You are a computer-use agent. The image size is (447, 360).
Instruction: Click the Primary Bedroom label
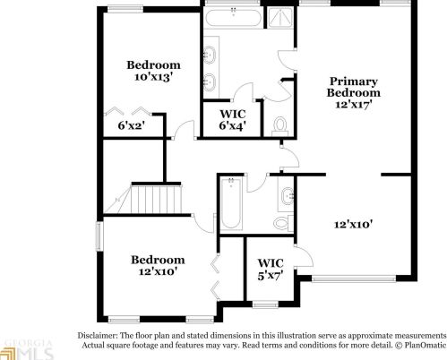tap(354, 87)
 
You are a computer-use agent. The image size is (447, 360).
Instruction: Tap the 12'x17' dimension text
tap(354, 105)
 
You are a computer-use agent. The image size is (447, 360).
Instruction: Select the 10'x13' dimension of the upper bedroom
tap(153, 77)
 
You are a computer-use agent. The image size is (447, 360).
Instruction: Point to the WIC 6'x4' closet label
tap(233, 120)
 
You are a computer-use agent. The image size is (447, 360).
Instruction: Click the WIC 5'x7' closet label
tap(271, 270)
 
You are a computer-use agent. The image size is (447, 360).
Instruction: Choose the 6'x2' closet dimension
tap(132, 125)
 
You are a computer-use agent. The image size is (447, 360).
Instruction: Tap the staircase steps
tap(156, 200)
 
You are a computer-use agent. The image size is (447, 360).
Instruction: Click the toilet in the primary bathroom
tap(280, 126)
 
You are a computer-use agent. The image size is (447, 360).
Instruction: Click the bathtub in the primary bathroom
tap(234, 19)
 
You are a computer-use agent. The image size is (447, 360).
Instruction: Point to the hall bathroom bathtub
tap(231, 203)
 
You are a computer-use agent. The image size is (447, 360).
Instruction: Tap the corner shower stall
tap(279, 18)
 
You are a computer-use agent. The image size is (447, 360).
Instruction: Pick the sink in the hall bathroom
tap(287, 196)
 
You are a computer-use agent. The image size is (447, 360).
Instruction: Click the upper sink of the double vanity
tap(210, 55)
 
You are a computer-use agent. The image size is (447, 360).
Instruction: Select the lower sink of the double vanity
tap(210, 81)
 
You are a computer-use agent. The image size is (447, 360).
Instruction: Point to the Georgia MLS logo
tap(26, 350)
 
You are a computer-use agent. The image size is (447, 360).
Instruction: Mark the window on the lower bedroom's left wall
tap(99, 236)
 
